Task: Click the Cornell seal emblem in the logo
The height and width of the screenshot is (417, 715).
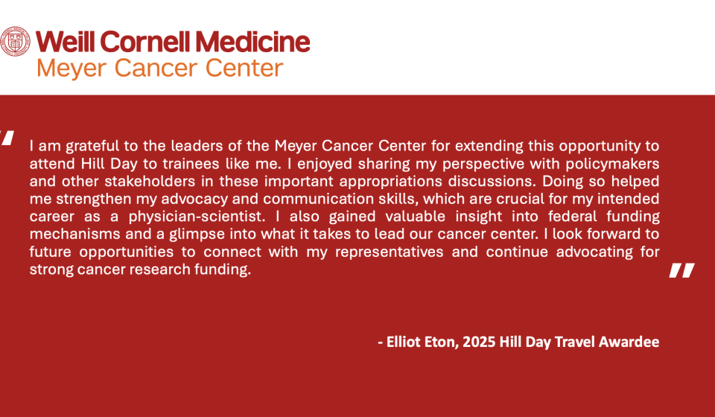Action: pos(15,42)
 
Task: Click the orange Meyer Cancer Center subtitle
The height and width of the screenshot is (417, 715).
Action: pos(160,69)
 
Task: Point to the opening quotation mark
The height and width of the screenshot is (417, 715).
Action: pos(7,138)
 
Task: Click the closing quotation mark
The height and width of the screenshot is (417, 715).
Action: pos(681,270)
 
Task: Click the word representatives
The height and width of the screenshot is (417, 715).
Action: pos(389,252)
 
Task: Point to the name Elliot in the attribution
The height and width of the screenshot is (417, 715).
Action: pos(404,342)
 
